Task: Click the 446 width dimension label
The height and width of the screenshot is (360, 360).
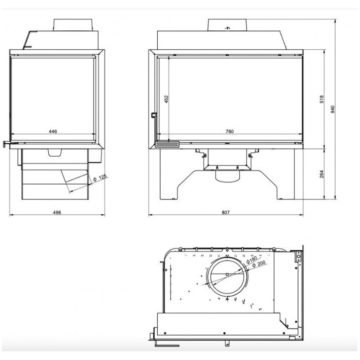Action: (x=53, y=132)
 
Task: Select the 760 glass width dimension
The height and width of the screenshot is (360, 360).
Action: (x=229, y=132)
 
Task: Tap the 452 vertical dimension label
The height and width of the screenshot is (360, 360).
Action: (x=167, y=99)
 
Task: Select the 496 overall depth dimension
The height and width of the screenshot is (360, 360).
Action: (x=57, y=212)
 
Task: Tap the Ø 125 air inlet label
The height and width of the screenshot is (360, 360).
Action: (x=101, y=178)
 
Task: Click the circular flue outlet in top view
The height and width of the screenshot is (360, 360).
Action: (x=226, y=278)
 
